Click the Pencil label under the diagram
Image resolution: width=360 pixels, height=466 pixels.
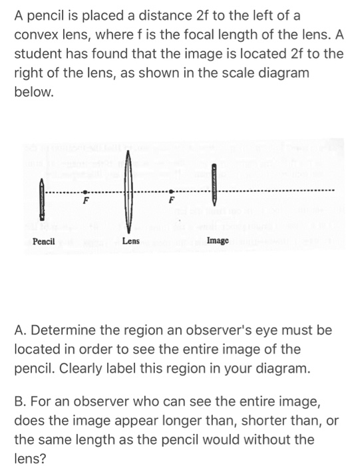click(44, 240)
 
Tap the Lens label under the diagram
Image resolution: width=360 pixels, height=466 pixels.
click(130, 240)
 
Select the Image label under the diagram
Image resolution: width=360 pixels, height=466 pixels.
click(218, 240)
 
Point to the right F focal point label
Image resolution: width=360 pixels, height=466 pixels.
click(172, 200)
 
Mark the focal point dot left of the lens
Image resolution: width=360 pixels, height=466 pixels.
click(85, 191)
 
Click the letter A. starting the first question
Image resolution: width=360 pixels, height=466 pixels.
click(20, 330)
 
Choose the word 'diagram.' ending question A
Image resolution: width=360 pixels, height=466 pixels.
click(285, 367)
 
